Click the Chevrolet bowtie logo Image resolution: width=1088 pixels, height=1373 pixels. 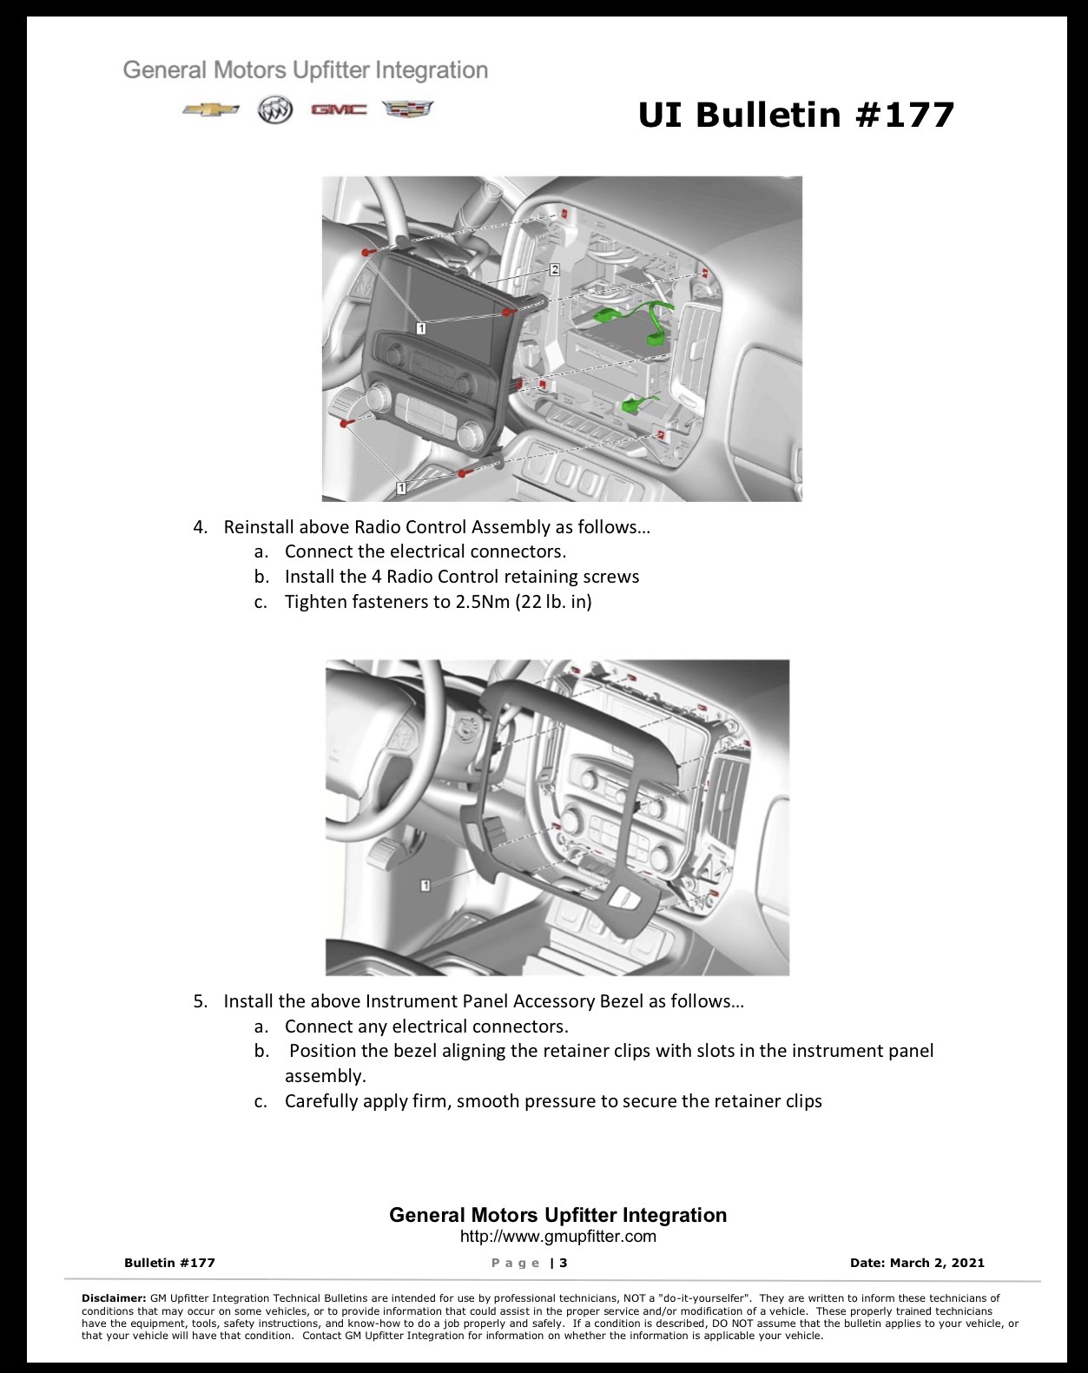coord(211,110)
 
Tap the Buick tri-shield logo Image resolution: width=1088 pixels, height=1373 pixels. coord(275,110)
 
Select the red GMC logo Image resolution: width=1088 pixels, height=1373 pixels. coord(339,109)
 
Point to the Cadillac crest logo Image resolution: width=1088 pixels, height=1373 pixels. coord(408,109)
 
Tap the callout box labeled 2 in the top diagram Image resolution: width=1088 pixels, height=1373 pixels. coord(555,269)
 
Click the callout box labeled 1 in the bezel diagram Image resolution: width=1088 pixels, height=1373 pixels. coord(425,885)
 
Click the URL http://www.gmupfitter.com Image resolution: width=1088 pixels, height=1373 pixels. coord(558,1237)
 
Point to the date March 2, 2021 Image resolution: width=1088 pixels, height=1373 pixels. coord(937,1263)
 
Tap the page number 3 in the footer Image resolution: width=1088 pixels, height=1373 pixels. coord(564,1263)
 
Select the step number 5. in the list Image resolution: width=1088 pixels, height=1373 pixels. coord(201,1001)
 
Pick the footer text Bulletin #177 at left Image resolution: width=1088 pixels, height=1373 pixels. coord(169,1263)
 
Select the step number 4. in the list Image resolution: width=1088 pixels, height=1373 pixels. coord(201,527)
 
